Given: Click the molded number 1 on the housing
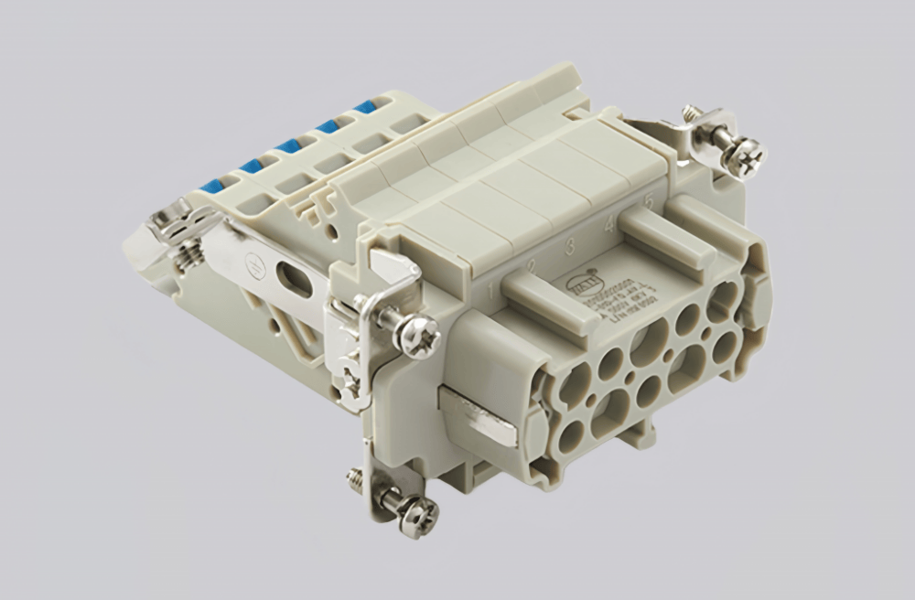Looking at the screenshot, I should tap(494, 292).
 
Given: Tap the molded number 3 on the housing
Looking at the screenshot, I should tap(569, 246).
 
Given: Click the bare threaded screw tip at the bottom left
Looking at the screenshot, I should tap(354, 476).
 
